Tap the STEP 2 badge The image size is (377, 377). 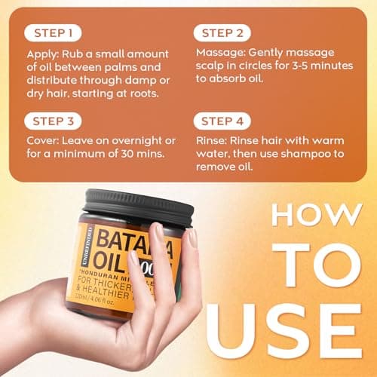[224, 33]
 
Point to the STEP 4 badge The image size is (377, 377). [224, 120]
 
